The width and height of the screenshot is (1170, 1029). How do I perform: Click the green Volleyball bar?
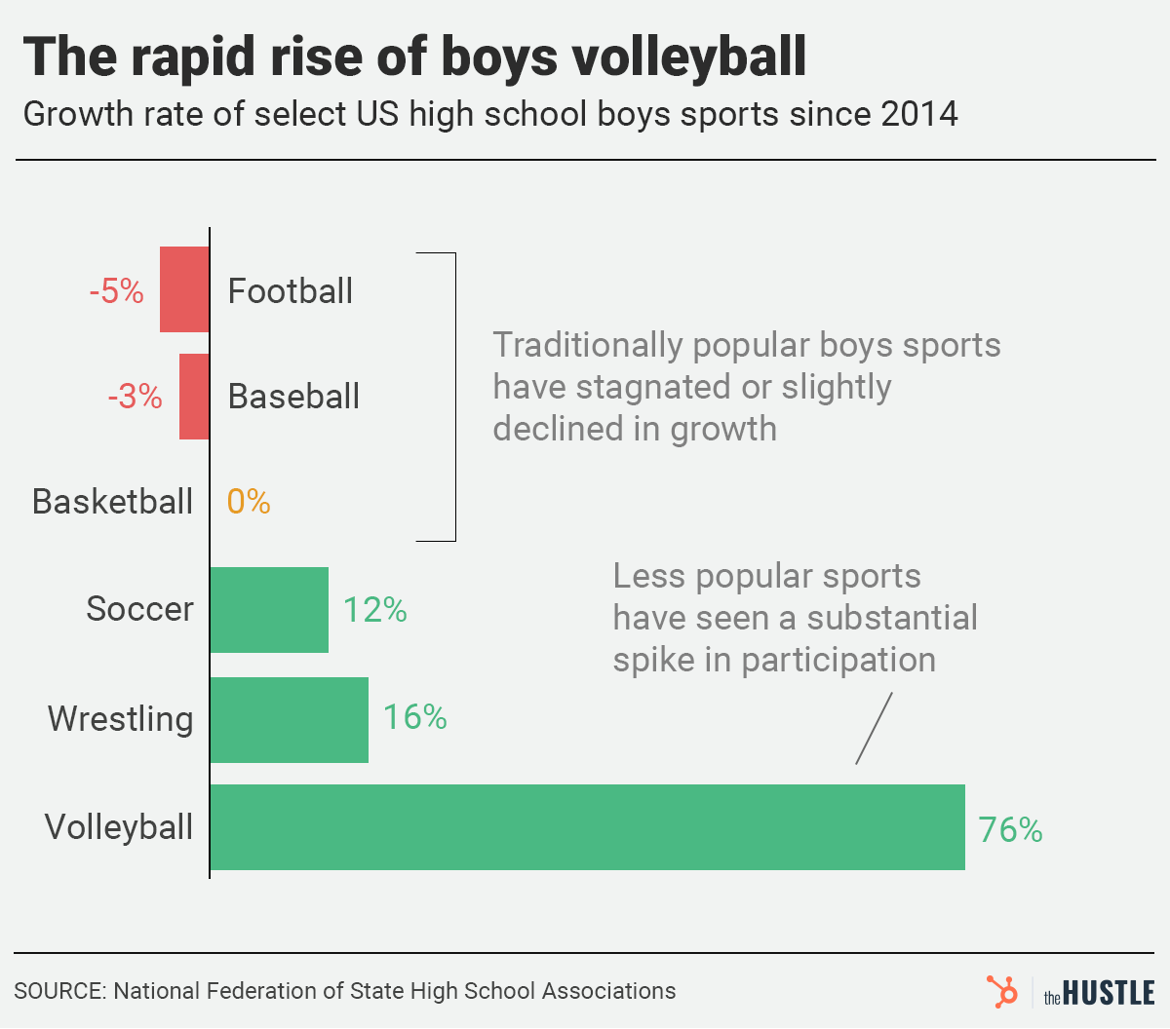(x=587, y=827)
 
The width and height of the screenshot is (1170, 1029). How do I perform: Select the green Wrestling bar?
(x=290, y=720)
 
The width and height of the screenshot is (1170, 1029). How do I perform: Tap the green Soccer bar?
(x=269, y=610)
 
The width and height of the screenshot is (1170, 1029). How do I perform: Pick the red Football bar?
(x=184, y=289)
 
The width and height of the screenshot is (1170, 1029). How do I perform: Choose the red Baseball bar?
(x=194, y=397)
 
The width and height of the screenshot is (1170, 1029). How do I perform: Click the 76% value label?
(x=1010, y=830)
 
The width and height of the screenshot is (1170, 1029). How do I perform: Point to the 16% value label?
(x=414, y=717)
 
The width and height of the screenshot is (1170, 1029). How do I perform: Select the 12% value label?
(x=374, y=610)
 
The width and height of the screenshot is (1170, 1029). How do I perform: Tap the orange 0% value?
(x=249, y=502)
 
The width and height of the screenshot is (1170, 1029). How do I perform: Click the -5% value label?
(x=116, y=291)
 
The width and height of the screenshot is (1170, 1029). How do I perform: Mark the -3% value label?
(x=135, y=397)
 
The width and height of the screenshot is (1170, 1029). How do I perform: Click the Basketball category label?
(x=112, y=502)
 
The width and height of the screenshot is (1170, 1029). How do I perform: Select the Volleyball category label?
(x=119, y=827)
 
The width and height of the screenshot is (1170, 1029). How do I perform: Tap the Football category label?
(x=290, y=291)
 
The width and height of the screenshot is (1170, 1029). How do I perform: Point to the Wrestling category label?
(x=120, y=719)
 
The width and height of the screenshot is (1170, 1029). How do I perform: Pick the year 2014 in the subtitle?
(x=918, y=114)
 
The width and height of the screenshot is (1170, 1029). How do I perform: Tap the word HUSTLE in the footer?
(x=1109, y=993)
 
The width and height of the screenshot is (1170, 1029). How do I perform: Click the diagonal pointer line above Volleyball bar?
(x=874, y=728)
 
